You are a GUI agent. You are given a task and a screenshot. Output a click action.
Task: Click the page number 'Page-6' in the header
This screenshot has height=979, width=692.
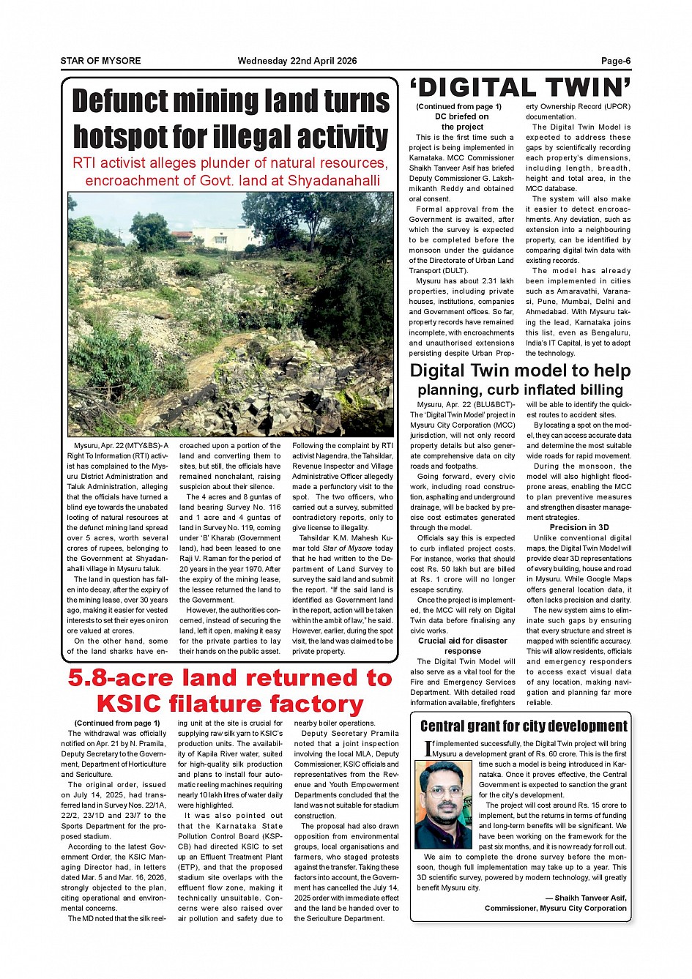(616, 61)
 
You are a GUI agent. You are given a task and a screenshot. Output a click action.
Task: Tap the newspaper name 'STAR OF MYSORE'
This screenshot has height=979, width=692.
(100, 61)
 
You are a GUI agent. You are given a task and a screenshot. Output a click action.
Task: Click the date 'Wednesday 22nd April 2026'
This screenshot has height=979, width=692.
(297, 61)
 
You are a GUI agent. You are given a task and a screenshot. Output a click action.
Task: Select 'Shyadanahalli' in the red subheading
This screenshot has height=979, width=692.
(334, 181)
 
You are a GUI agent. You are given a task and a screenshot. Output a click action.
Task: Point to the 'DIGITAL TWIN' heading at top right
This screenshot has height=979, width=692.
(521, 89)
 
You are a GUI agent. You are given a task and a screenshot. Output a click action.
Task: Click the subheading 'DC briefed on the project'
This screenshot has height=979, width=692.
(462, 122)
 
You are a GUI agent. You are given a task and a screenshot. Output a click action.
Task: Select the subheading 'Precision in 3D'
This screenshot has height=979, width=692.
(578, 527)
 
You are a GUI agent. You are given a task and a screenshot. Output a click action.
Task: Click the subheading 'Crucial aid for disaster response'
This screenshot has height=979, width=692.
(462, 646)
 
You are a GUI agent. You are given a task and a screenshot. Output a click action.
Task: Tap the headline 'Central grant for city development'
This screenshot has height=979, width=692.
(524, 726)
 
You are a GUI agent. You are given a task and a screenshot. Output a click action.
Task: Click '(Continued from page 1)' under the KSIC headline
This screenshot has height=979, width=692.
(117, 723)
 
